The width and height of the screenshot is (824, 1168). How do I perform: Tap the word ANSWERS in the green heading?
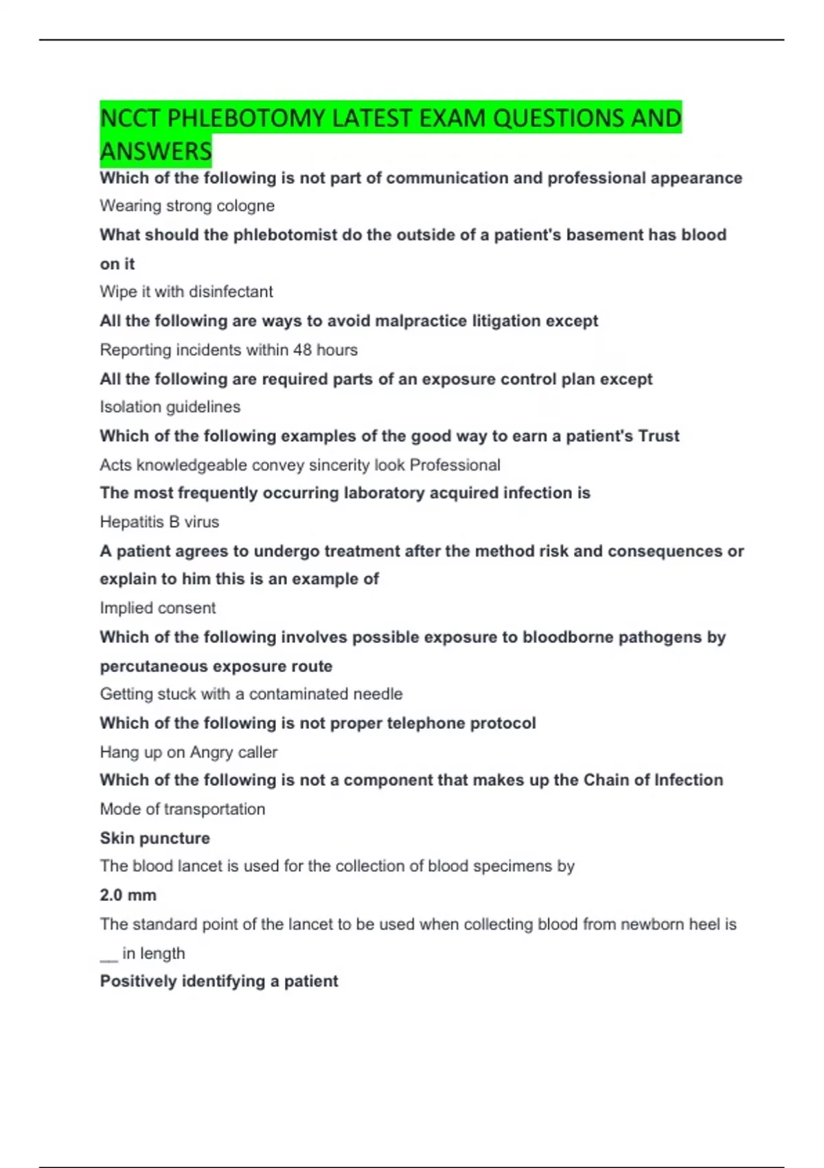coord(156,151)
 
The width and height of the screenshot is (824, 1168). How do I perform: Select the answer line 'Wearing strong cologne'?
coord(187,205)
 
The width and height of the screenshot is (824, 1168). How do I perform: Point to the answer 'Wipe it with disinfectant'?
coord(186,291)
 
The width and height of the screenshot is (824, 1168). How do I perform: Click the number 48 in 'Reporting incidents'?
coord(302,350)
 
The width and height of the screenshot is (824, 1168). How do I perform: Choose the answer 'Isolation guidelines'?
coord(170,407)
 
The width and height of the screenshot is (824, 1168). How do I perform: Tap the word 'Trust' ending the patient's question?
coord(659,436)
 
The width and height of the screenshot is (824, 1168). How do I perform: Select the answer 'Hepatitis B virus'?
coord(159,521)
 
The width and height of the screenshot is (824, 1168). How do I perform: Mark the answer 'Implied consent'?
coord(157,608)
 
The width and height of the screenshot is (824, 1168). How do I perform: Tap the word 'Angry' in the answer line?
coord(210,752)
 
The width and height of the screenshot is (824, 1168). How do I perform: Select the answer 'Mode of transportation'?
coord(182,809)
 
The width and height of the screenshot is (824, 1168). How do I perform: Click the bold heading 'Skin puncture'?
coord(154,838)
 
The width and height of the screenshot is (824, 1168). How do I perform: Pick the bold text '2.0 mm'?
coord(128,895)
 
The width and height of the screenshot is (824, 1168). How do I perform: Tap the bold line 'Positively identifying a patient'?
coord(218,981)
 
